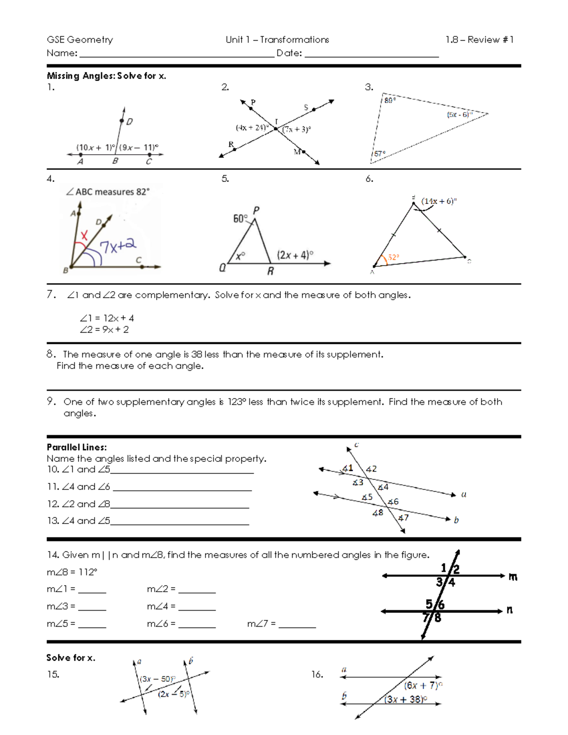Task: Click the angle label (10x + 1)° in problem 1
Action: (x=96, y=147)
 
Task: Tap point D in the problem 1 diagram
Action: (x=122, y=121)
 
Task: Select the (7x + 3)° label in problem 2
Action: (x=297, y=129)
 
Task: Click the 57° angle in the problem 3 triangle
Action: (x=379, y=154)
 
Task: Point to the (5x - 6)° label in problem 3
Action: (x=459, y=115)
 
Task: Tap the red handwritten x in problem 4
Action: (x=84, y=235)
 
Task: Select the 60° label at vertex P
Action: (x=240, y=219)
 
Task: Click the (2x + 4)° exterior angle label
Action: (x=295, y=255)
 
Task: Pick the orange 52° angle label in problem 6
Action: (x=393, y=257)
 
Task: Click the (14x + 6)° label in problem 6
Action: (x=439, y=201)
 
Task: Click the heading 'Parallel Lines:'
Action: (x=77, y=447)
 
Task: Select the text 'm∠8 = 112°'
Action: (x=72, y=572)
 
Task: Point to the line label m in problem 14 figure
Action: (x=513, y=576)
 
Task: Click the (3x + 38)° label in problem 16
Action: (x=406, y=699)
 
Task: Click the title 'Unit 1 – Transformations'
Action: (x=277, y=40)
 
